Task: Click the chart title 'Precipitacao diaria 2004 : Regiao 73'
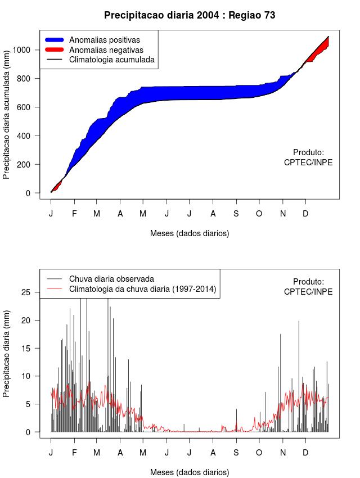pos(190,15)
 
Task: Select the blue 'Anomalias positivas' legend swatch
pos(55,40)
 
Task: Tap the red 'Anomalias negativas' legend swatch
pos(55,49)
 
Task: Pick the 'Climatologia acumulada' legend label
pos(111,59)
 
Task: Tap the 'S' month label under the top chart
pos(236,214)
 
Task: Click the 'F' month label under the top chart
pos(74,214)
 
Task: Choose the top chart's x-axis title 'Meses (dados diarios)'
pos(190,233)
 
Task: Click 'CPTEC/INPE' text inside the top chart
pos(308,163)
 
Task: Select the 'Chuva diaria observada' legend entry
pos(111,279)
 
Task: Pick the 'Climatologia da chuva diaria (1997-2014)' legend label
pos(142,289)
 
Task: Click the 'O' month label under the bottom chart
pos(259,453)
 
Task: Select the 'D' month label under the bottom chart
pos(305,453)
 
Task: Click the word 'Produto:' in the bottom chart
pos(308,282)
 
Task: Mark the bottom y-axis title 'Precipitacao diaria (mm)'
pos(7,353)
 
